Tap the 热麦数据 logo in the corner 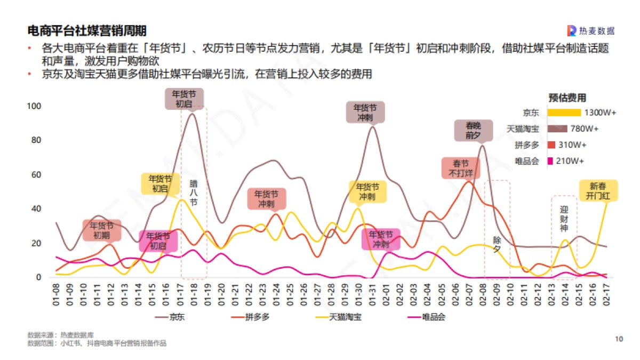590,30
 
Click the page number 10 619,339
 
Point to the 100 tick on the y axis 34,106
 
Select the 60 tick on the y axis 36,174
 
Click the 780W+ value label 585,129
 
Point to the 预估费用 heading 567,98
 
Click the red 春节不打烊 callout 461,168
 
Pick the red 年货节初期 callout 102,230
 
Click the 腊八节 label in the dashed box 194,193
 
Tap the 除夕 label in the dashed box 497,244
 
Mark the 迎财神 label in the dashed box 564,219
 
